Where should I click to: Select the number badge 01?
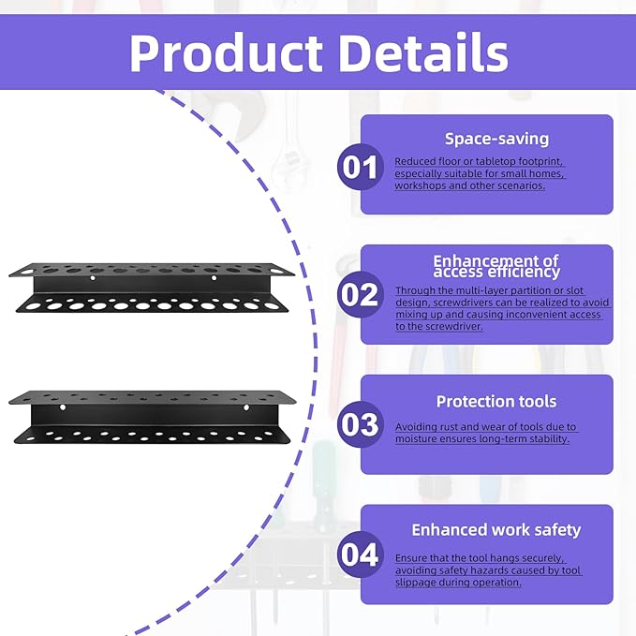(360, 168)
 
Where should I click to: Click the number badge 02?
(360, 295)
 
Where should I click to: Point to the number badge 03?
(360, 425)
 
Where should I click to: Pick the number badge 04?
(360, 555)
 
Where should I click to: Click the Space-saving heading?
(496, 139)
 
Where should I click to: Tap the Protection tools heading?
(496, 401)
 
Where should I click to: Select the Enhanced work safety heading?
(496, 530)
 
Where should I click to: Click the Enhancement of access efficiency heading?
(496, 266)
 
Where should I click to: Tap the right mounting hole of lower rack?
(247, 408)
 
